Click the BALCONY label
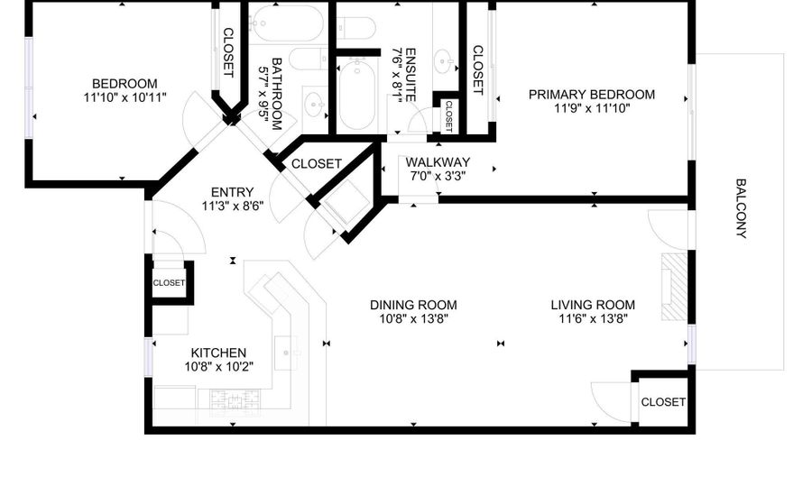(741, 208)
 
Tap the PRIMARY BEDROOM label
(591, 95)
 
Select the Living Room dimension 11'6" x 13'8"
(593, 318)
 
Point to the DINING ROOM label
(413, 306)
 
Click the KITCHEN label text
(218, 353)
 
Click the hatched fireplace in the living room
(674, 287)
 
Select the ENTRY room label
(233, 192)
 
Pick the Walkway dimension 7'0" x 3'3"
(438, 176)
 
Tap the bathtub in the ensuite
(357, 94)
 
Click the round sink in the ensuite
(443, 61)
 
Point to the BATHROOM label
(277, 94)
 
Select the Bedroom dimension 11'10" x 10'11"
(125, 96)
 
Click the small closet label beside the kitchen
(169, 283)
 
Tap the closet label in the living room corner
(663, 402)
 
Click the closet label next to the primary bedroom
(477, 70)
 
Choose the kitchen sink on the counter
(286, 353)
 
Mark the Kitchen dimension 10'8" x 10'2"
(218, 367)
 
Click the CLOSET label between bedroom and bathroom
(228, 52)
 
